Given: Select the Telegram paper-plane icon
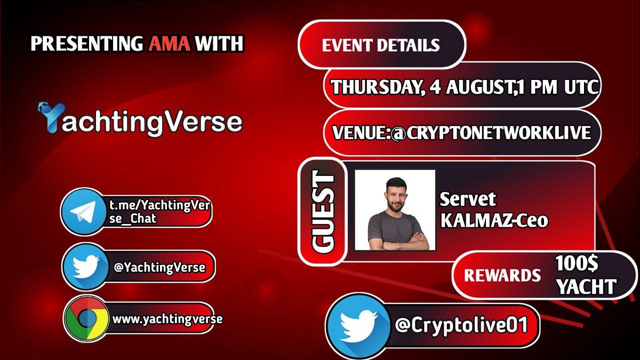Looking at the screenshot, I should (x=83, y=211).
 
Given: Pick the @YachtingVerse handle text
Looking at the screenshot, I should (x=159, y=267).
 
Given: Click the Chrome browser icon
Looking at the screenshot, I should (x=86, y=319).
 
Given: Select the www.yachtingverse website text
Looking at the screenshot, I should (x=167, y=319).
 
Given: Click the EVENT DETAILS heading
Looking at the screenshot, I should (x=381, y=45).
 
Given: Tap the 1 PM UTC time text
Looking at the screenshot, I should (x=554, y=86).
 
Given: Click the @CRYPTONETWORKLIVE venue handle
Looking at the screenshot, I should (x=491, y=132).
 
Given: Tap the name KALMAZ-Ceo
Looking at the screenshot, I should (x=494, y=220).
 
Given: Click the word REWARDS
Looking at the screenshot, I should (x=502, y=275).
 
